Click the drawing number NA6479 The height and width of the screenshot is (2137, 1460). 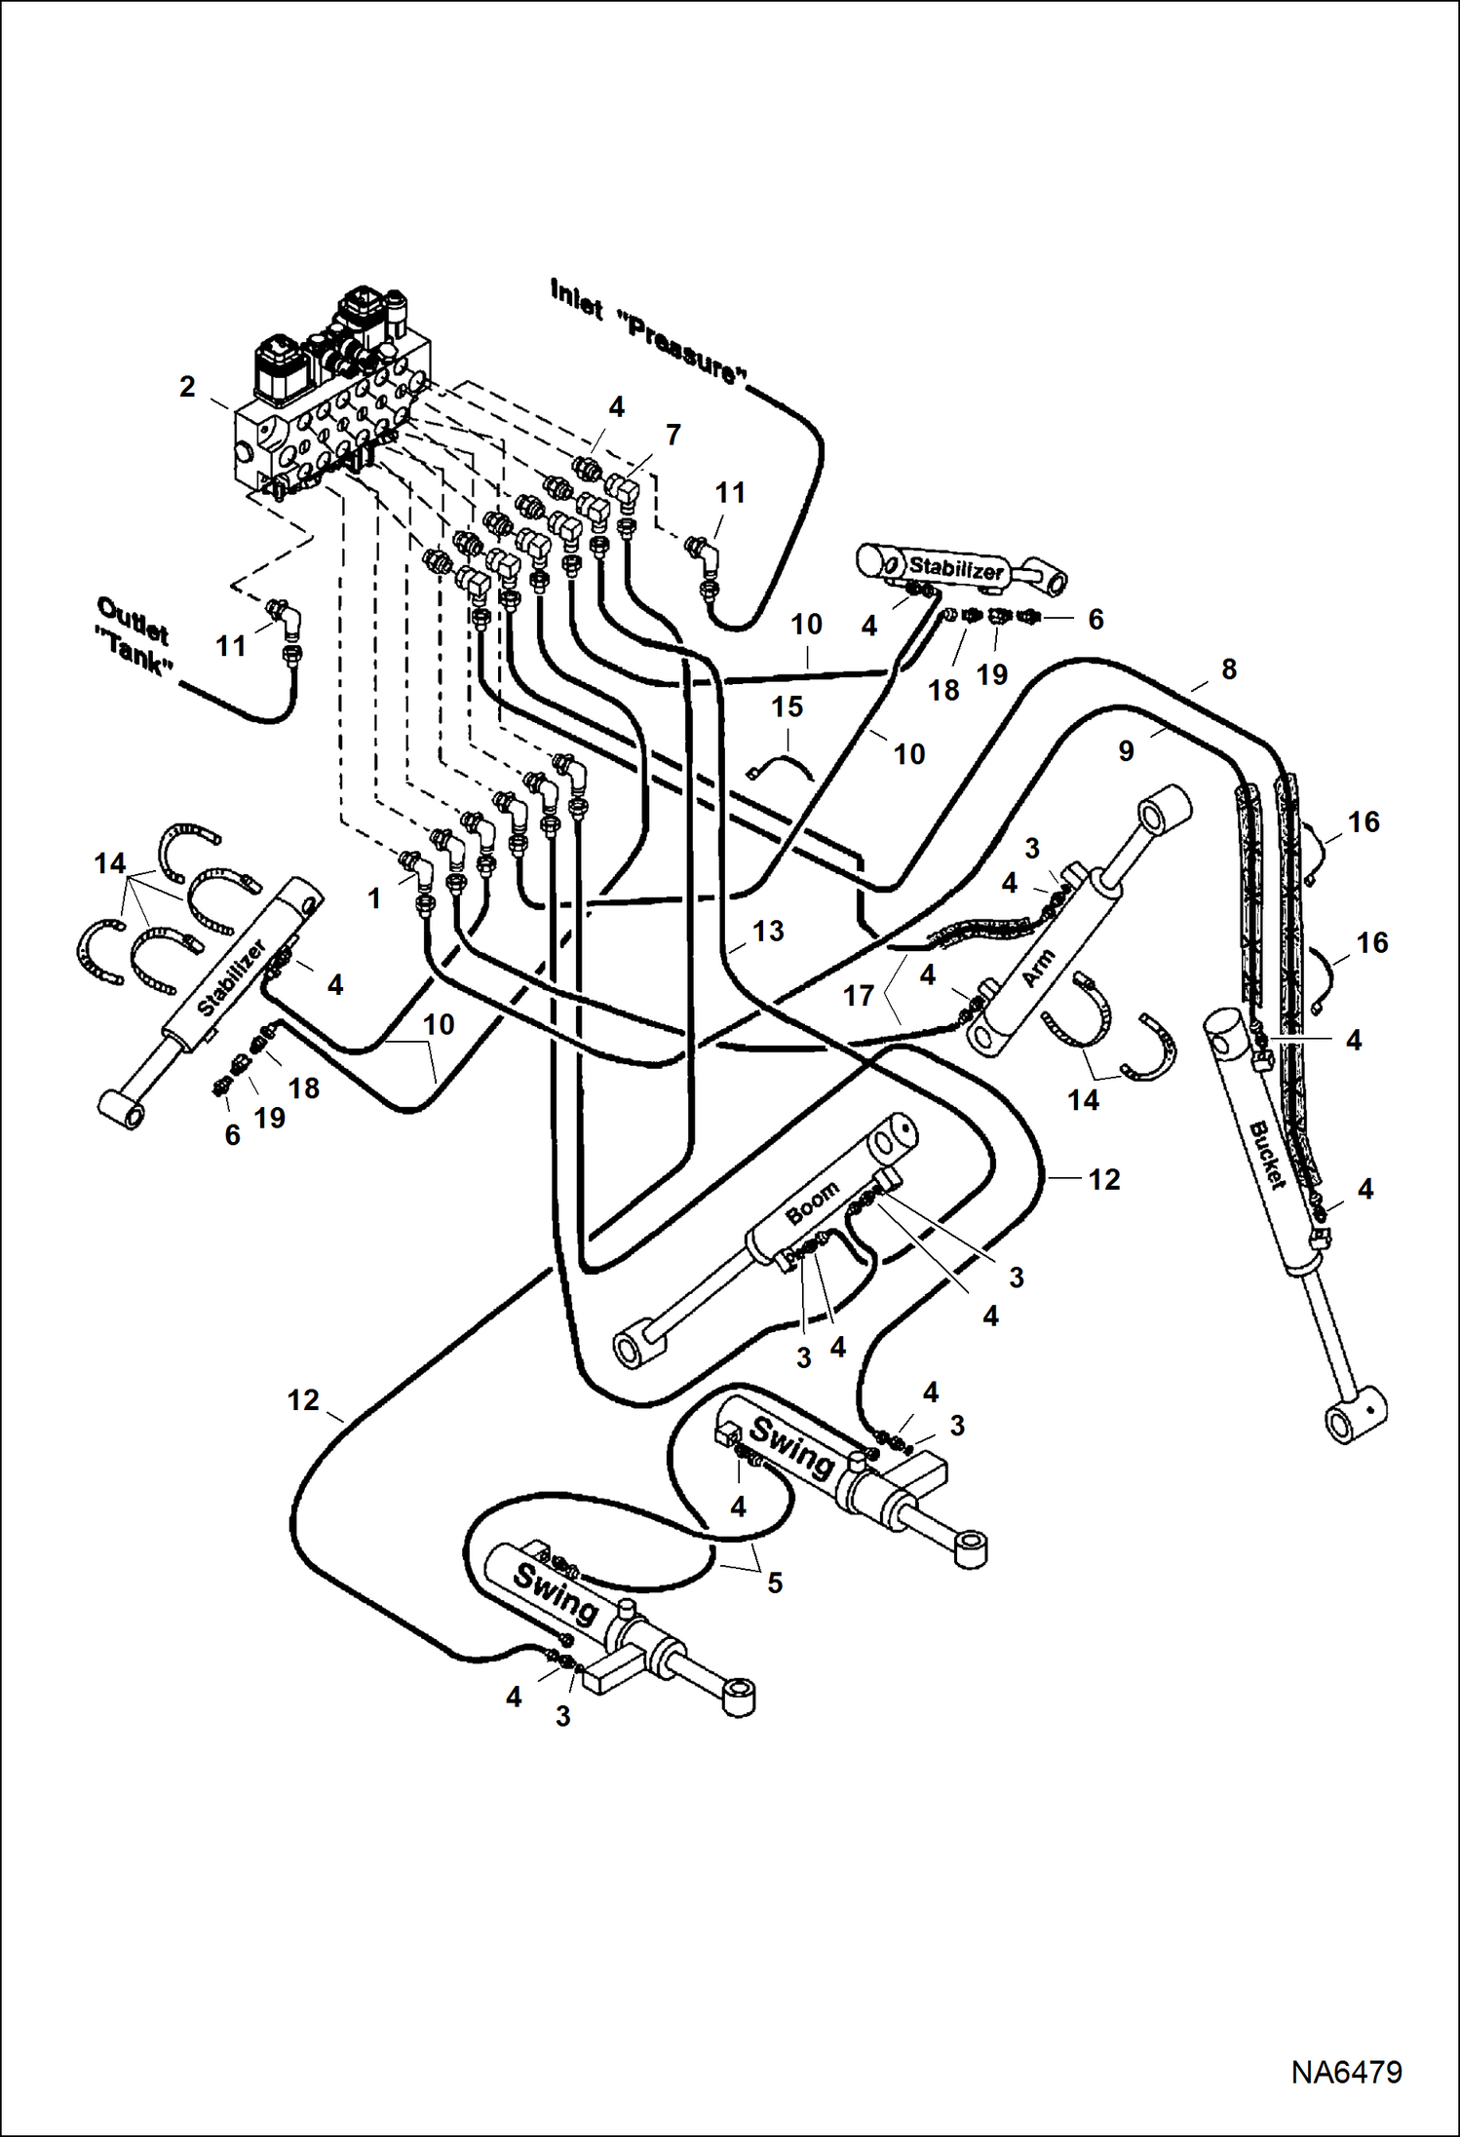(1346, 2072)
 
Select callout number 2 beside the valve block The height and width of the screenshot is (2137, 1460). (188, 387)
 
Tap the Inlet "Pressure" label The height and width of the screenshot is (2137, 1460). (648, 331)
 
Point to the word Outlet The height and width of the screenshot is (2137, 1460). (133, 621)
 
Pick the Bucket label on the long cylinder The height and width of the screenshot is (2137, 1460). (1267, 1156)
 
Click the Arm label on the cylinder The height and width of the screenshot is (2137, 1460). (1039, 968)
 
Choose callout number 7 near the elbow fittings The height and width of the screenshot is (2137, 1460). (672, 435)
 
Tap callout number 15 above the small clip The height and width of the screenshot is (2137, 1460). (787, 706)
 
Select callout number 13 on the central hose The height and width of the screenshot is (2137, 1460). (768, 932)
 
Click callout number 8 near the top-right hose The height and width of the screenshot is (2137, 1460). (1228, 669)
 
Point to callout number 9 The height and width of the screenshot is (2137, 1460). (1126, 751)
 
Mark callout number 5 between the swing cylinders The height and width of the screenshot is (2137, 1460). (774, 1584)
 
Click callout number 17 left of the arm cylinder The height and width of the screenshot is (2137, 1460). (858, 996)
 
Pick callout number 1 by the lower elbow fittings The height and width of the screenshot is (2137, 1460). (374, 898)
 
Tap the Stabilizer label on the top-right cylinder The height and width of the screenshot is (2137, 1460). (955, 568)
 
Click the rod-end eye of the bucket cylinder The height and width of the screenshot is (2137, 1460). (1355, 1422)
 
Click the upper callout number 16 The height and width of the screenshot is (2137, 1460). (1364, 822)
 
